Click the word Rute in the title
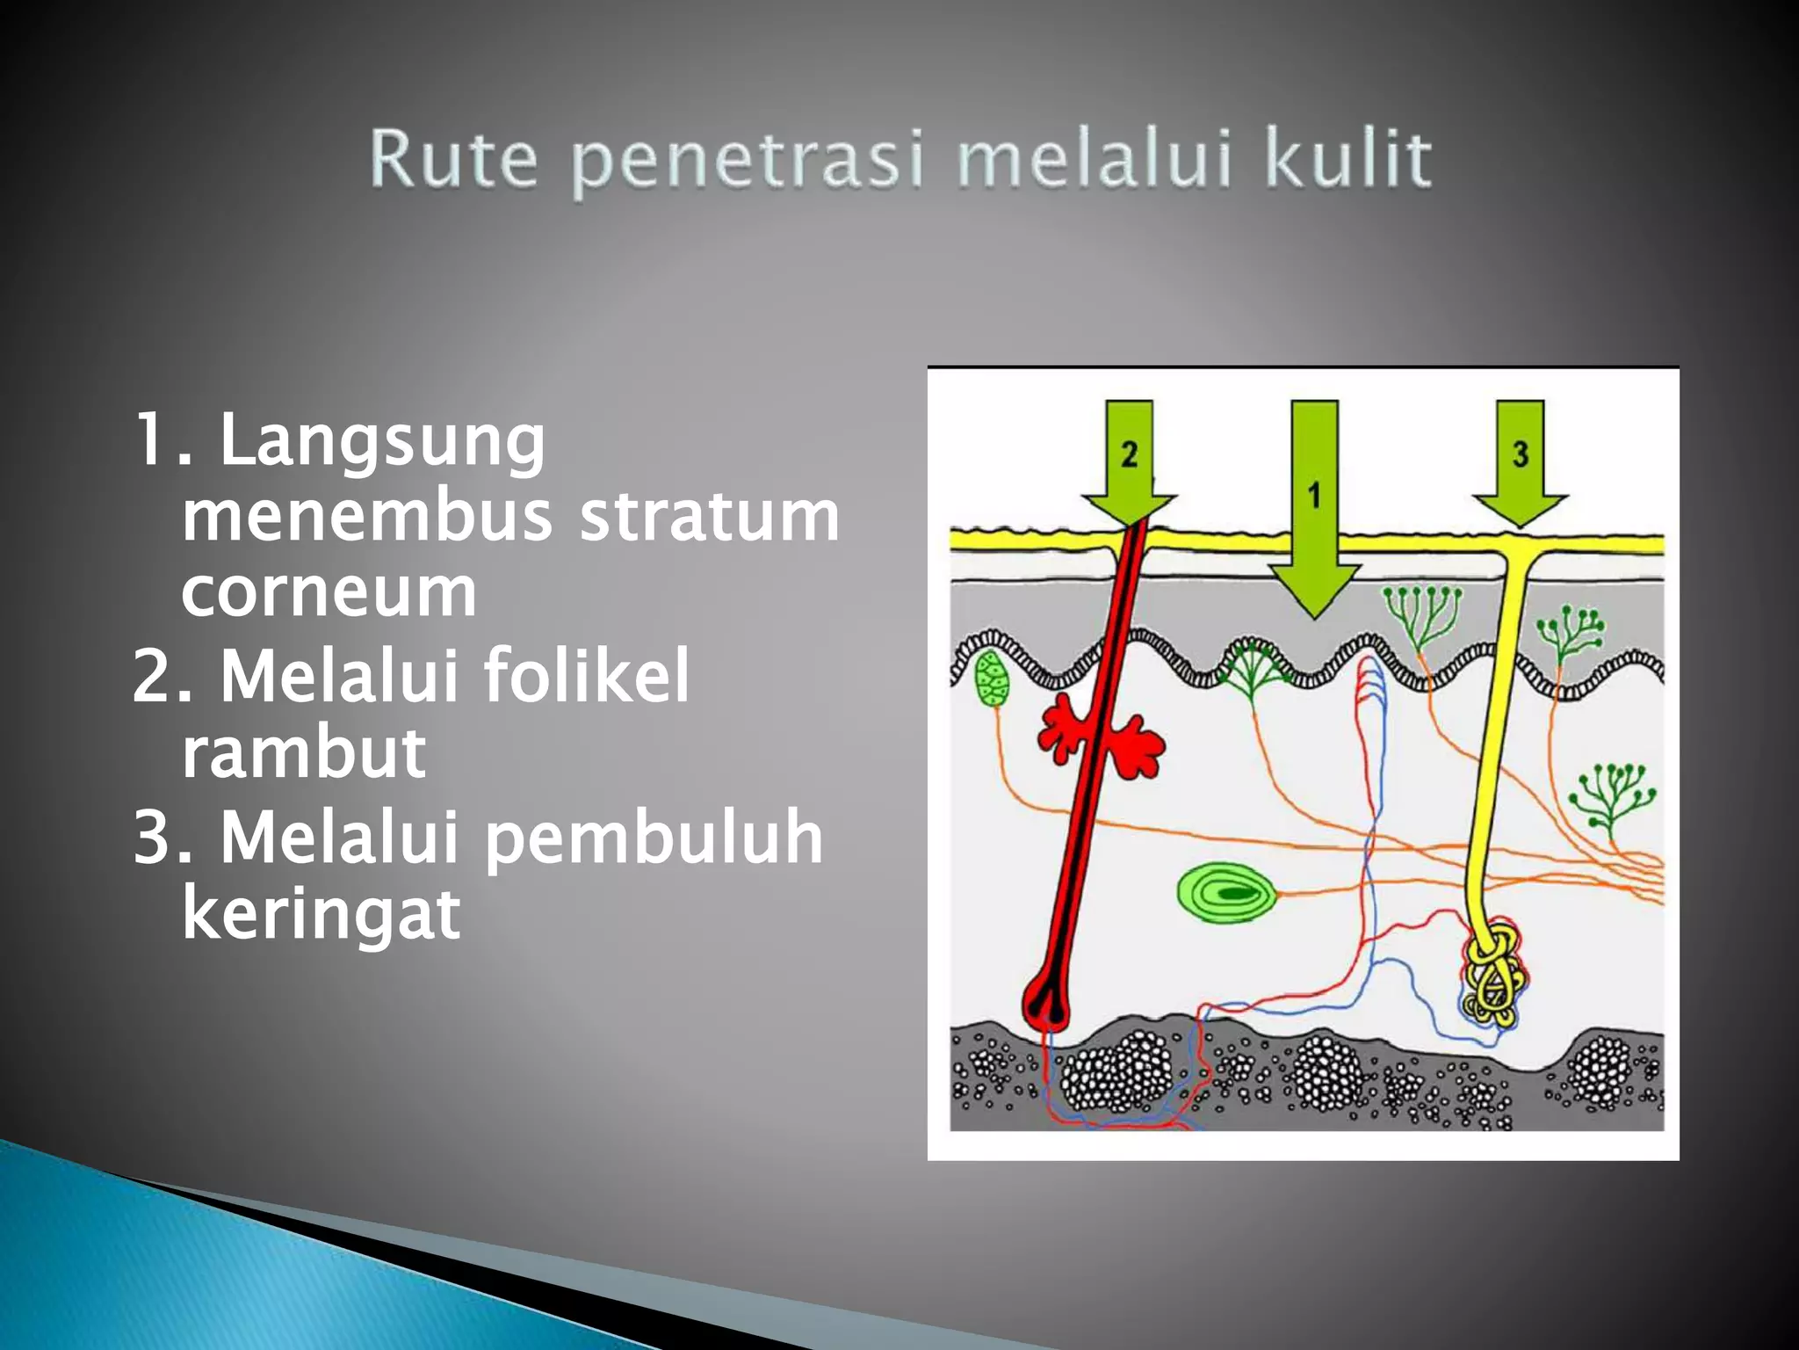tap(453, 159)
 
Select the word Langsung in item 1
tap(382, 441)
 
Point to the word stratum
tap(709, 516)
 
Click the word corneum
tap(329, 592)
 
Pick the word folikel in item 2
tap(586, 675)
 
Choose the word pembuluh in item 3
tap(654, 837)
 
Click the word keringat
tap(321, 914)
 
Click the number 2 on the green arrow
tap(1129, 454)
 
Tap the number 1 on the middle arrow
tap(1313, 495)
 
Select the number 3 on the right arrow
tap(1521, 454)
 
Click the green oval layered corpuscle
tap(1226, 893)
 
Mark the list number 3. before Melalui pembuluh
tap(162, 837)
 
